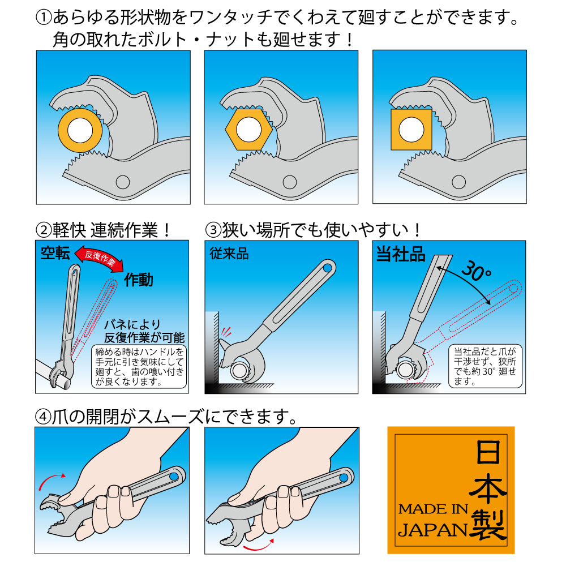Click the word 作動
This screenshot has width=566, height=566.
[x=139, y=280]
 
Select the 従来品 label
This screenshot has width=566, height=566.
[x=229, y=254]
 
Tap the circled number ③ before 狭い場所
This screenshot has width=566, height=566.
[x=213, y=230]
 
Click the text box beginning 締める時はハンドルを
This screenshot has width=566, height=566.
[x=139, y=366]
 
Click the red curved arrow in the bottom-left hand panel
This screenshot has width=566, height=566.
[x=51, y=481]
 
